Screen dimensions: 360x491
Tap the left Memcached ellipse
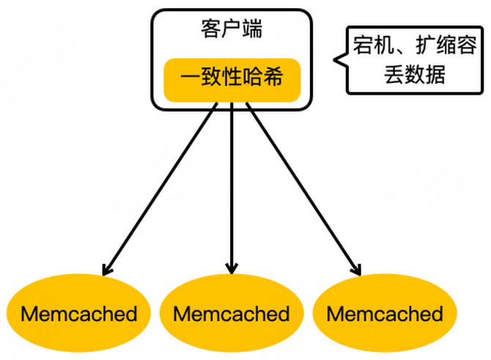click(x=78, y=315)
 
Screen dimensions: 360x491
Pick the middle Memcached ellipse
click(x=232, y=315)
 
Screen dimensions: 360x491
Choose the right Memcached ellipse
click(x=385, y=315)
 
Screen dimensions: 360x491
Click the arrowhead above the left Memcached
click(x=108, y=269)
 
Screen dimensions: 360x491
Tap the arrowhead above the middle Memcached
click(x=232, y=268)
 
